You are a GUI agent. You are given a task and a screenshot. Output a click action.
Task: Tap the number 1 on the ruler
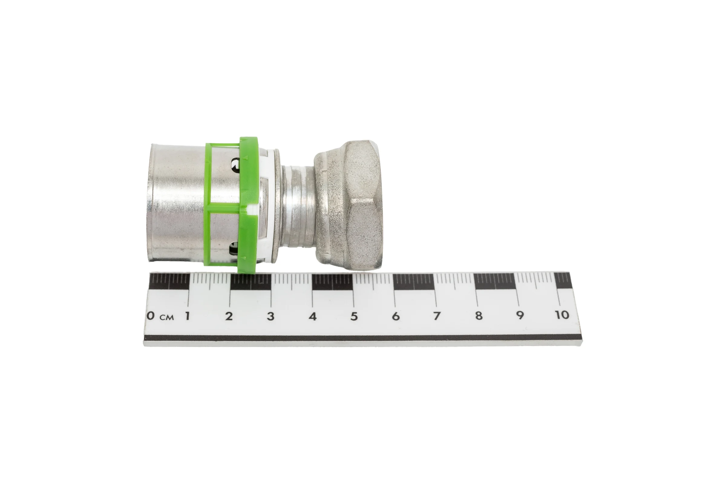pyautogui.click(x=187, y=316)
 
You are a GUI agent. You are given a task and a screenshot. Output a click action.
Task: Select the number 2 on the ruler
pyautogui.click(x=229, y=316)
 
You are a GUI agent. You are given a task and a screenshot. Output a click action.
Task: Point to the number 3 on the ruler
pyautogui.click(x=271, y=316)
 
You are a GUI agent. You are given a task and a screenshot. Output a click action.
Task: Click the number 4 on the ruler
pyautogui.click(x=313, y=316)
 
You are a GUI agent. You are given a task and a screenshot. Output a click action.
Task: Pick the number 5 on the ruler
pyautogui.click(x=354, y=316)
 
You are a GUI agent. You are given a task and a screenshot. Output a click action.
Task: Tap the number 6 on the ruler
pyautogui.click(x=396, y=316)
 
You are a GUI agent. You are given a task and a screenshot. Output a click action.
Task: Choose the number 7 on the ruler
pyautogui.click(x=437, y=316)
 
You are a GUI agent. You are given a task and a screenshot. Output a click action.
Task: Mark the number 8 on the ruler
pyautogui.click(x=479, y=316)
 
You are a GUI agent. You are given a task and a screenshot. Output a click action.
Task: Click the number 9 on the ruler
pyautogui.click(x=520, y=315)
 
